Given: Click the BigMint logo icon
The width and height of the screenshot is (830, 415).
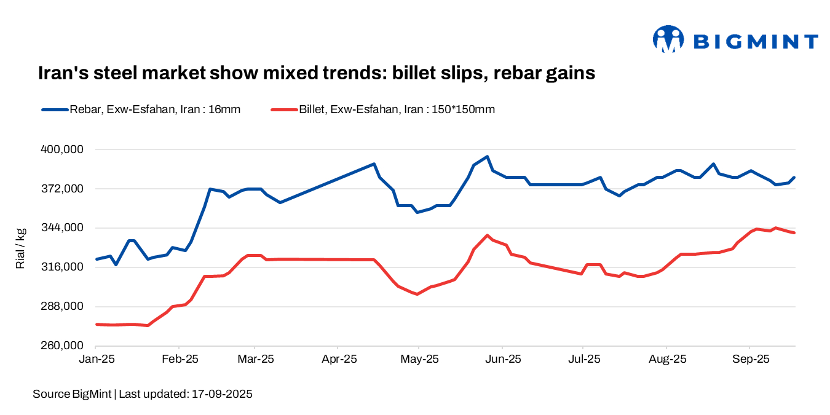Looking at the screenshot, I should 668,40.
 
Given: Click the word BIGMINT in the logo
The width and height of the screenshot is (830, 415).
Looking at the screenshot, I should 756,42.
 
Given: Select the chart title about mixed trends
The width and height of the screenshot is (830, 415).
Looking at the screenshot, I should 317,73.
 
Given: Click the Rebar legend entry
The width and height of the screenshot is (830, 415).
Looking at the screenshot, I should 141,110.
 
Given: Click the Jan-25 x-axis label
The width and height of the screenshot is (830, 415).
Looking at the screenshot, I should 97,358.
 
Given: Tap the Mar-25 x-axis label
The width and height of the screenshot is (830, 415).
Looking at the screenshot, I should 255,358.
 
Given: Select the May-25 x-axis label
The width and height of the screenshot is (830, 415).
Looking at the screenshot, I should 419,358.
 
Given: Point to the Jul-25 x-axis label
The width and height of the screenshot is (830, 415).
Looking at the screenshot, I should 582,358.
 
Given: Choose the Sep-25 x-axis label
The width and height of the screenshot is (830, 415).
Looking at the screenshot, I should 749,358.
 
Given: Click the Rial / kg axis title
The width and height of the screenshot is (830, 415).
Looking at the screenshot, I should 20,248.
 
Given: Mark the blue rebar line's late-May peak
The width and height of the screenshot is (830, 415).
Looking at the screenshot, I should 487,157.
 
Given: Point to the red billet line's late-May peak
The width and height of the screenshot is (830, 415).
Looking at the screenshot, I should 487,235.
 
